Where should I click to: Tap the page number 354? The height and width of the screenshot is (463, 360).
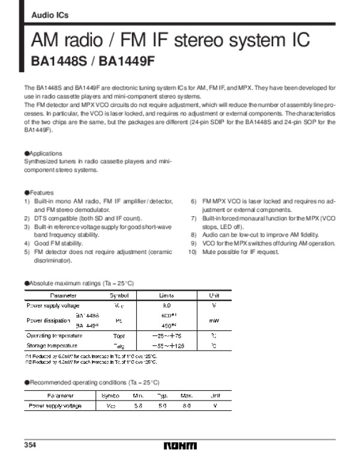30,445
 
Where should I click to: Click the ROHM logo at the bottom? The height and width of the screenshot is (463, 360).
180,446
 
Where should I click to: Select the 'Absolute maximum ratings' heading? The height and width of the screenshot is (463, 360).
80,282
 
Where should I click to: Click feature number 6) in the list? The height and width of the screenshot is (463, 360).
194,201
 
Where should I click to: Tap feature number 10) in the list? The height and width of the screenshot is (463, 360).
193,251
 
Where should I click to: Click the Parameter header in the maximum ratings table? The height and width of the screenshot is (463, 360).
63,295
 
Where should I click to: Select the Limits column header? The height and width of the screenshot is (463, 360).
166,295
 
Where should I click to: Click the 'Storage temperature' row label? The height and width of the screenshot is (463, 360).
53,346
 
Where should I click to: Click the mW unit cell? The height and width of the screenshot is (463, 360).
214,321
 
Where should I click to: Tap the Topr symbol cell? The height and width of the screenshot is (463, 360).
119,336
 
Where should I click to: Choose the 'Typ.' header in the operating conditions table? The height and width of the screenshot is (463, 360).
161,396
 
